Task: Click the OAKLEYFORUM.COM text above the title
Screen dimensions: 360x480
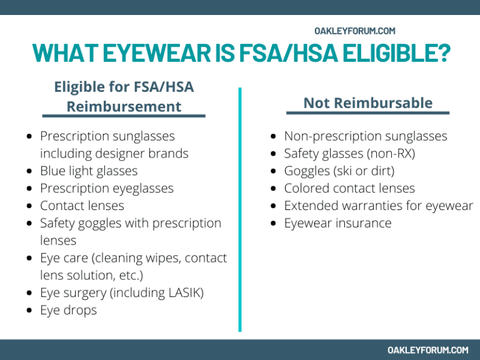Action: [x=355, y=31]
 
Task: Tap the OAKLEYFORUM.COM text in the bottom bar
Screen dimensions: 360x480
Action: [x=428, y=350]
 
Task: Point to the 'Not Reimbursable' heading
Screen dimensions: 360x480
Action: [x=367, y=103]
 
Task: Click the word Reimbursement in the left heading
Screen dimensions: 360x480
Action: [x=124, y=106]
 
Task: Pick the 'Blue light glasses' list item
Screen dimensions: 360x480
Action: [x=89, y=171]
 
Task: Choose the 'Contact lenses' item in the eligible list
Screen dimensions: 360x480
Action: [x=82, y=206]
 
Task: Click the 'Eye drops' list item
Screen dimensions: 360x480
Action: [x=68, y=310]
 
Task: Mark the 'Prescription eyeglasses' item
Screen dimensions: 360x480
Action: [x=107, y=188]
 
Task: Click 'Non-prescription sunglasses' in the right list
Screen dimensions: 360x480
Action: [x=366, y=136]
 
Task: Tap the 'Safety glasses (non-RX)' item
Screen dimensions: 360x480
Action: [x=349, y=153]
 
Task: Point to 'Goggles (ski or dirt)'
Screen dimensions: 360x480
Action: [x=339, y=171]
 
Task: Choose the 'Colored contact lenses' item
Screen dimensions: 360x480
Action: [x=349, y=188]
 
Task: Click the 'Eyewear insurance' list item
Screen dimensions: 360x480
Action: [x=337, y=223]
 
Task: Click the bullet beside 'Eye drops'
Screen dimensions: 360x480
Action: [x=31, y=311]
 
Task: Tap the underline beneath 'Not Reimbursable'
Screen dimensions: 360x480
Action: [x=367, y=113]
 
